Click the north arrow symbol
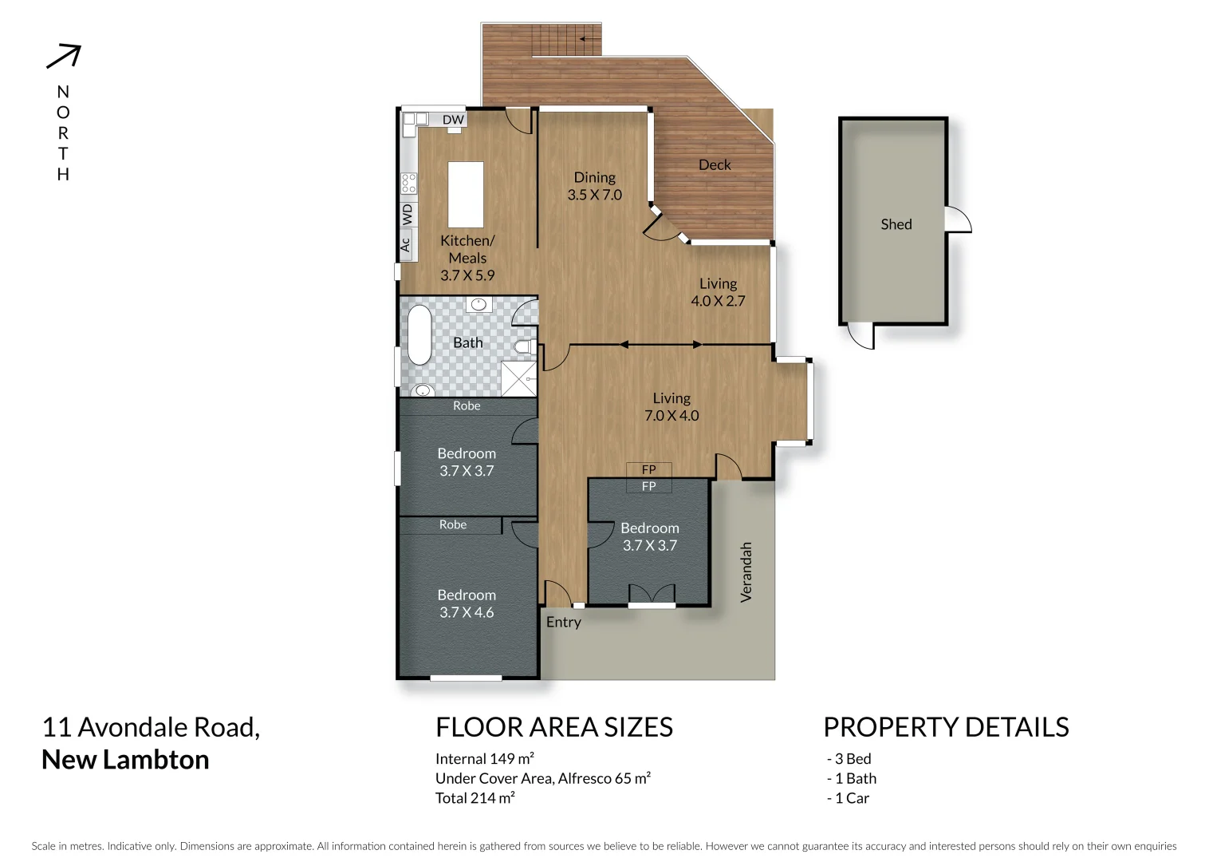[x=64, y=56]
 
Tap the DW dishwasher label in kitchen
[x=453, y=120]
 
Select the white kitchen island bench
[x=466, y=195]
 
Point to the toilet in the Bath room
[x=524, y=347]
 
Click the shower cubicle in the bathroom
[x=518, y=378]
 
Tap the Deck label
[x=715, y=165]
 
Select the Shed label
[x=896, y=224]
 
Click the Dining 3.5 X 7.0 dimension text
[x=595, y=195]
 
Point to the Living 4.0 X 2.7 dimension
[x=718, y=301]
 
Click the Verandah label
[x=746, y=571]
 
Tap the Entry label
[x=564, y=623]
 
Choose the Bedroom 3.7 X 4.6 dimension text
[x=467, y=613]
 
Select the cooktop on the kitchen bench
[x=408, y=184]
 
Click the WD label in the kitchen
[x=408, y=214]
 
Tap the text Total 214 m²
[x=475, y=798]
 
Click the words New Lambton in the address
[x=125, y=760]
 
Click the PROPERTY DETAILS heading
[x=946, y=727]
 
